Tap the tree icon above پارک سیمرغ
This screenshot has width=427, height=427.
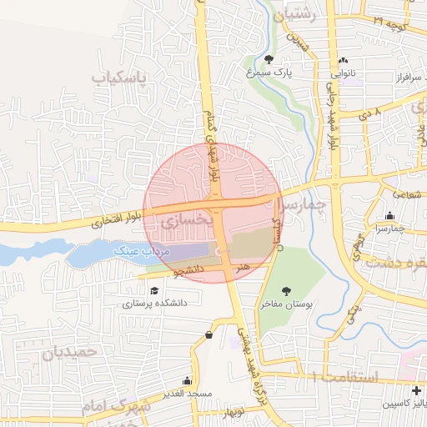[269, 59]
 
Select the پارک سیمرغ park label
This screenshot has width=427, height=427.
[270, 73]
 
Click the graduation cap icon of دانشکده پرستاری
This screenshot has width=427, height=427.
[153, 290]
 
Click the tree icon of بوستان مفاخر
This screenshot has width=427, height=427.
[286, 291]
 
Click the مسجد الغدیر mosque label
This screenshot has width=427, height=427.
[188, 393]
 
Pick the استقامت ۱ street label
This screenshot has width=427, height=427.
[344, 377]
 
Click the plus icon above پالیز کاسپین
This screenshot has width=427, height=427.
[415, 390]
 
